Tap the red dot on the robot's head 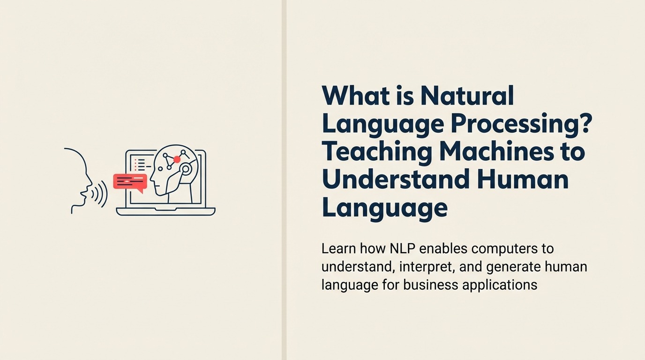click(x=177, y=159)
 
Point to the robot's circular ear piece click(x=186, y=169)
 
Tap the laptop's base click(x=165, y=211)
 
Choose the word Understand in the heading click(x=396, y=180)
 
